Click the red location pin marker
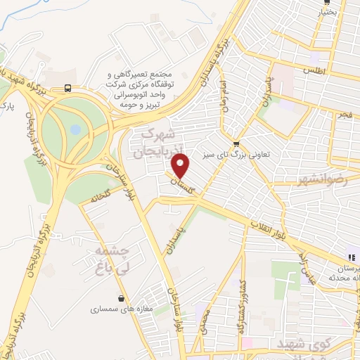pos(181,166)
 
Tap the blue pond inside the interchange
pos(75,130)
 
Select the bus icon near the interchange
pos(67,88)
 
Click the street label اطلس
pos(311,72)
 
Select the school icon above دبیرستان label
pos(351,257)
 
